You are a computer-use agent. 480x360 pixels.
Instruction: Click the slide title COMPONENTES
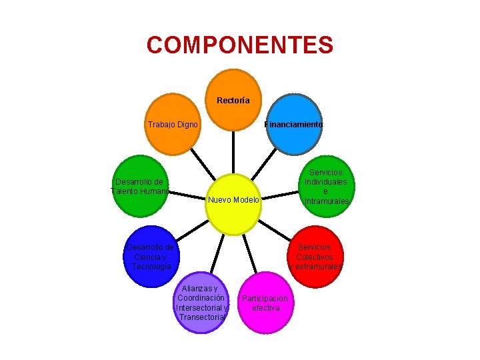[240, 45]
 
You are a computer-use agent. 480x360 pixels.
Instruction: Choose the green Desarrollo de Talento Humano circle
[139, 187]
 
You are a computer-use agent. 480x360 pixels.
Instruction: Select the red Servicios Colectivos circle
[316, 257]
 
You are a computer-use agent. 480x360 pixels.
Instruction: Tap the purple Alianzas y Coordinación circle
[201, 303]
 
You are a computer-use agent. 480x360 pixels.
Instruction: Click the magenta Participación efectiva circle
[265, 303]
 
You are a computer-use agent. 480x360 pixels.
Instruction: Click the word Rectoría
[233, 101]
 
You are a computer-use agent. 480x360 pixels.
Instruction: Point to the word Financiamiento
[294, 125]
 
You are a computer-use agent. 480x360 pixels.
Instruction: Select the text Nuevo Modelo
[233, 200]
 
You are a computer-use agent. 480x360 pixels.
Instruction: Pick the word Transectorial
[203, 318]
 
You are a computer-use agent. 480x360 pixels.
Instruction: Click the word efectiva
[265, 309]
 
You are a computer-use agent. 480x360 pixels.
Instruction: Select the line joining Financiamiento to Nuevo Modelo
[267, 163]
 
